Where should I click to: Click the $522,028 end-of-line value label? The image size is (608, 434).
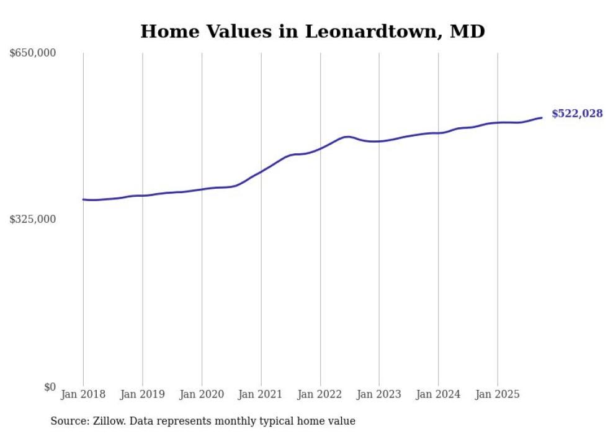(577, 114)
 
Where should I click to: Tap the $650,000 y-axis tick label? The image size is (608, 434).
(33, 53)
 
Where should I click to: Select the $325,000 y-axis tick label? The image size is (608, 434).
(33, 219)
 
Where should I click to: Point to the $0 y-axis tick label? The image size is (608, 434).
(50, 387)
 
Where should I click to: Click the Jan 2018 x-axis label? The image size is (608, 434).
(83, 394)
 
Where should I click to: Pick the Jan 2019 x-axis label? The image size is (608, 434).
(142, 394)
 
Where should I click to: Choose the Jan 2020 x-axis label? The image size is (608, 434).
(202, 394)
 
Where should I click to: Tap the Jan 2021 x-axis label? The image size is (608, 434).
(261, 394)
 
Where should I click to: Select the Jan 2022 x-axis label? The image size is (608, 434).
(320, 394)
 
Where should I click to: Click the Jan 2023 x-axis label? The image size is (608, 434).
(379, 394)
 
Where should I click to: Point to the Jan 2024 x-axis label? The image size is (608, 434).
(438, 394)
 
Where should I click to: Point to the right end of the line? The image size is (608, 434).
(542, 117)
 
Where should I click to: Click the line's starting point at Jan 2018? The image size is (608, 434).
(83, 199)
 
